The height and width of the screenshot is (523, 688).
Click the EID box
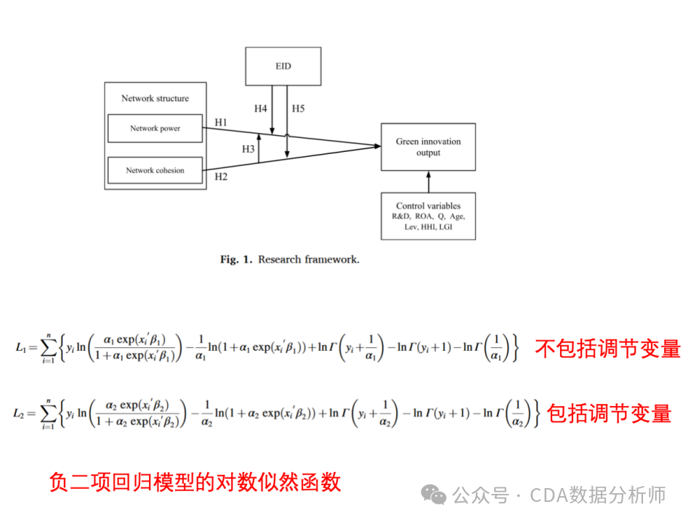tap(283, 65)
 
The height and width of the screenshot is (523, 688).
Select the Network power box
tap(155, 129)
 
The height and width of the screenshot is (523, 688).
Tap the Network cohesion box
tap(155, 171)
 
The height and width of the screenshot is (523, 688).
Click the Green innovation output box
tap(428, 147)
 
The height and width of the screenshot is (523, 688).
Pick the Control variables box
tap(428, 216)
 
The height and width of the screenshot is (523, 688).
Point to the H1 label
tap(221, 122)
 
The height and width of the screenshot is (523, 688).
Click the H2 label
tap(221, 176)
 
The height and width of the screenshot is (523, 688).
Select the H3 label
tap(248, 149)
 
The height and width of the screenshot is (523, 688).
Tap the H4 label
tap(260, 109)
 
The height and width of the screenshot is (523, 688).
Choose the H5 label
tap(298, 109)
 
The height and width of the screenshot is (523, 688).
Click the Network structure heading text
tap(155, 98)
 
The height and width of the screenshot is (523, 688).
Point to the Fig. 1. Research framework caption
tap(289, 259)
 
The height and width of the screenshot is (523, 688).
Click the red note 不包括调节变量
tap(607, 348)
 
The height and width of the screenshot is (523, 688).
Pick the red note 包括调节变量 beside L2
tap(609, 413)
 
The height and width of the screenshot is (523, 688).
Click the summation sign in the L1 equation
tap(49, 348)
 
